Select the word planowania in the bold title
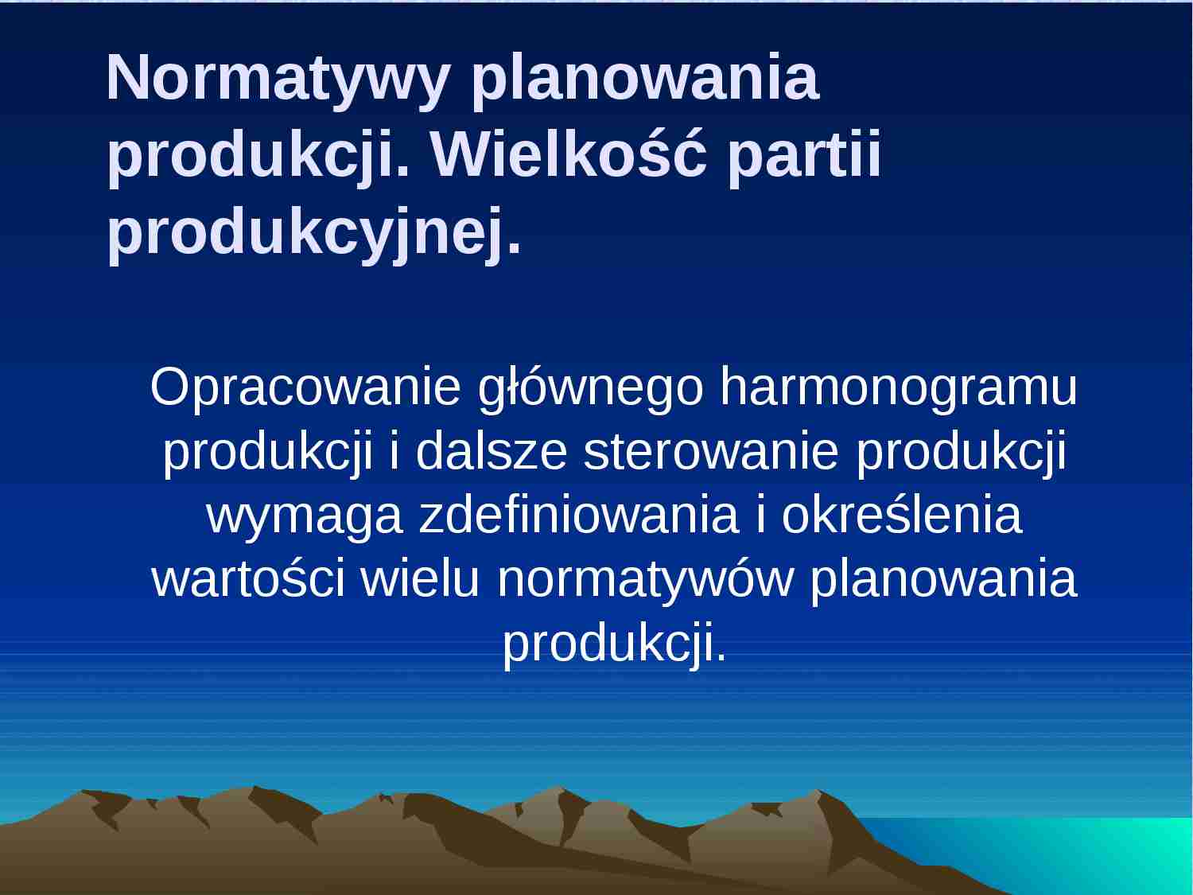click(645, 80)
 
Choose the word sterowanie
click(711, 452)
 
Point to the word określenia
click(901, 516)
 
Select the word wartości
click(248, 579)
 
